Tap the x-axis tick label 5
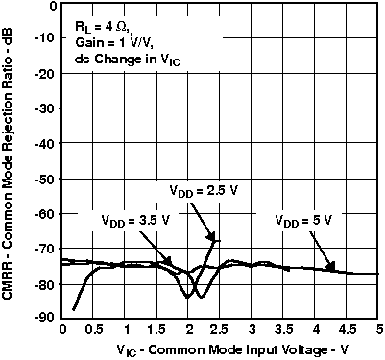tap(380, 330)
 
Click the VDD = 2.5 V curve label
tap(203, 189)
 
